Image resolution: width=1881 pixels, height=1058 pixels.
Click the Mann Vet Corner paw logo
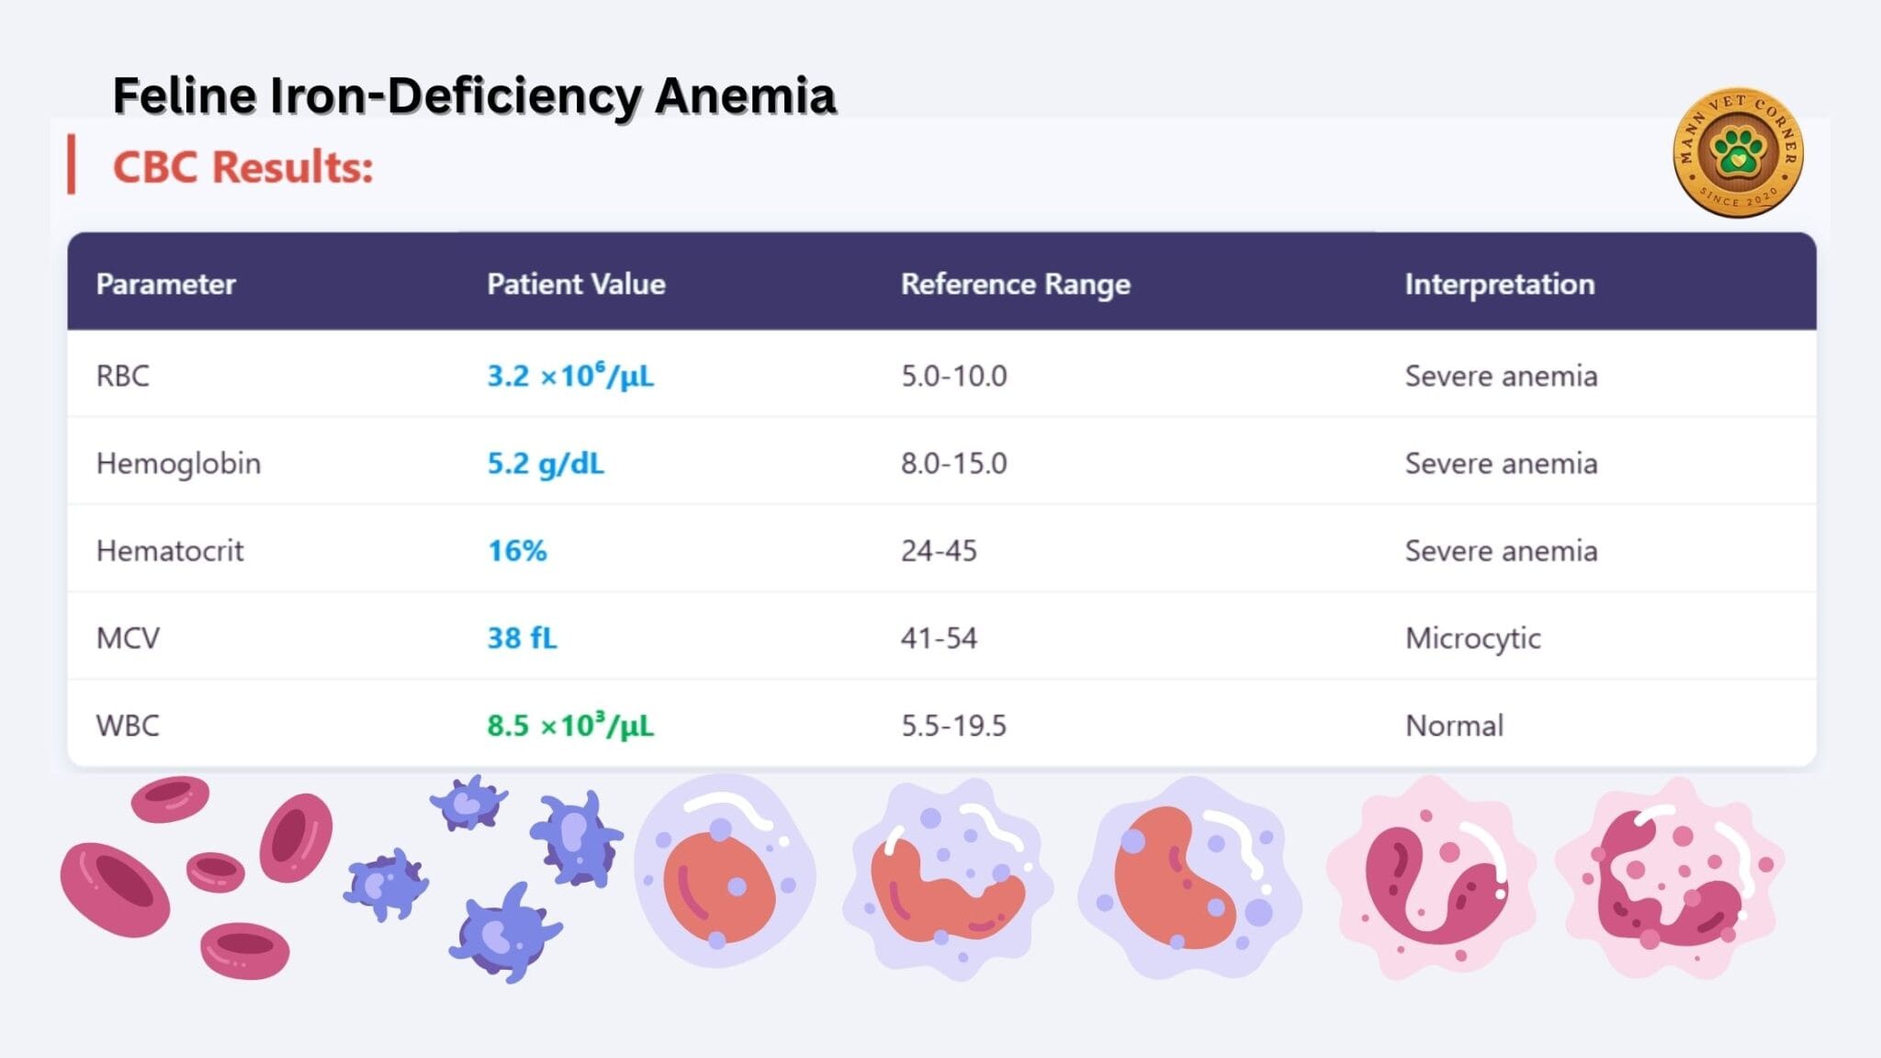[x=1738, y=152]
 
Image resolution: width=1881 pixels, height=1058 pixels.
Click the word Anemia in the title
[x=745, y=96]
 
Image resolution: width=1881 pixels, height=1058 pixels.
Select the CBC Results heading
[x=242, y=167]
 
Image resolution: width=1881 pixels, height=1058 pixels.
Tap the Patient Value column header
[x=576, y=284]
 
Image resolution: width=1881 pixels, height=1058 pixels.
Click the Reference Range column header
[x=1015, y=285]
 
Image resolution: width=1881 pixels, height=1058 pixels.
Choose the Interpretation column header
[x=1500, y=285]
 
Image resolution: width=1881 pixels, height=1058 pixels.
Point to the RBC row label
[x=122, y=376]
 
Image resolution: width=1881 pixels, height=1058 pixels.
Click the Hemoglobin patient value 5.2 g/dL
[x=546, y=464]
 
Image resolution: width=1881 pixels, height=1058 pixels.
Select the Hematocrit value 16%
[x=517, y=551]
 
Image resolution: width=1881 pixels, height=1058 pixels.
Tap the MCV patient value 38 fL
[x=522, y=638]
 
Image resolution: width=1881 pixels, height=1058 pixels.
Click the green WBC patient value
[x=570, y=725]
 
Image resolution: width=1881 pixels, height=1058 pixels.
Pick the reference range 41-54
[x=939, y=638]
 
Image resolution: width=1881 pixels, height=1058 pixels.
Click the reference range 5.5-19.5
[x=953, y=726]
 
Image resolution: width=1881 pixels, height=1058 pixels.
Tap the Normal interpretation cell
[x=1454, y=726]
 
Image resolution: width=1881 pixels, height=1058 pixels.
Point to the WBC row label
[x=128, y=726]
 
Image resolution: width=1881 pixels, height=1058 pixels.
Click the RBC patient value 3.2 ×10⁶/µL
[x=570, y=375]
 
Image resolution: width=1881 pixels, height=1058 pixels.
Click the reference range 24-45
[x=939, y=551]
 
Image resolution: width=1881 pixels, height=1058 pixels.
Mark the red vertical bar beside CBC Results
[x=71, y=164]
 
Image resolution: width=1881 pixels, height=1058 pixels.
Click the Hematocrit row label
[x=170, y=551]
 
